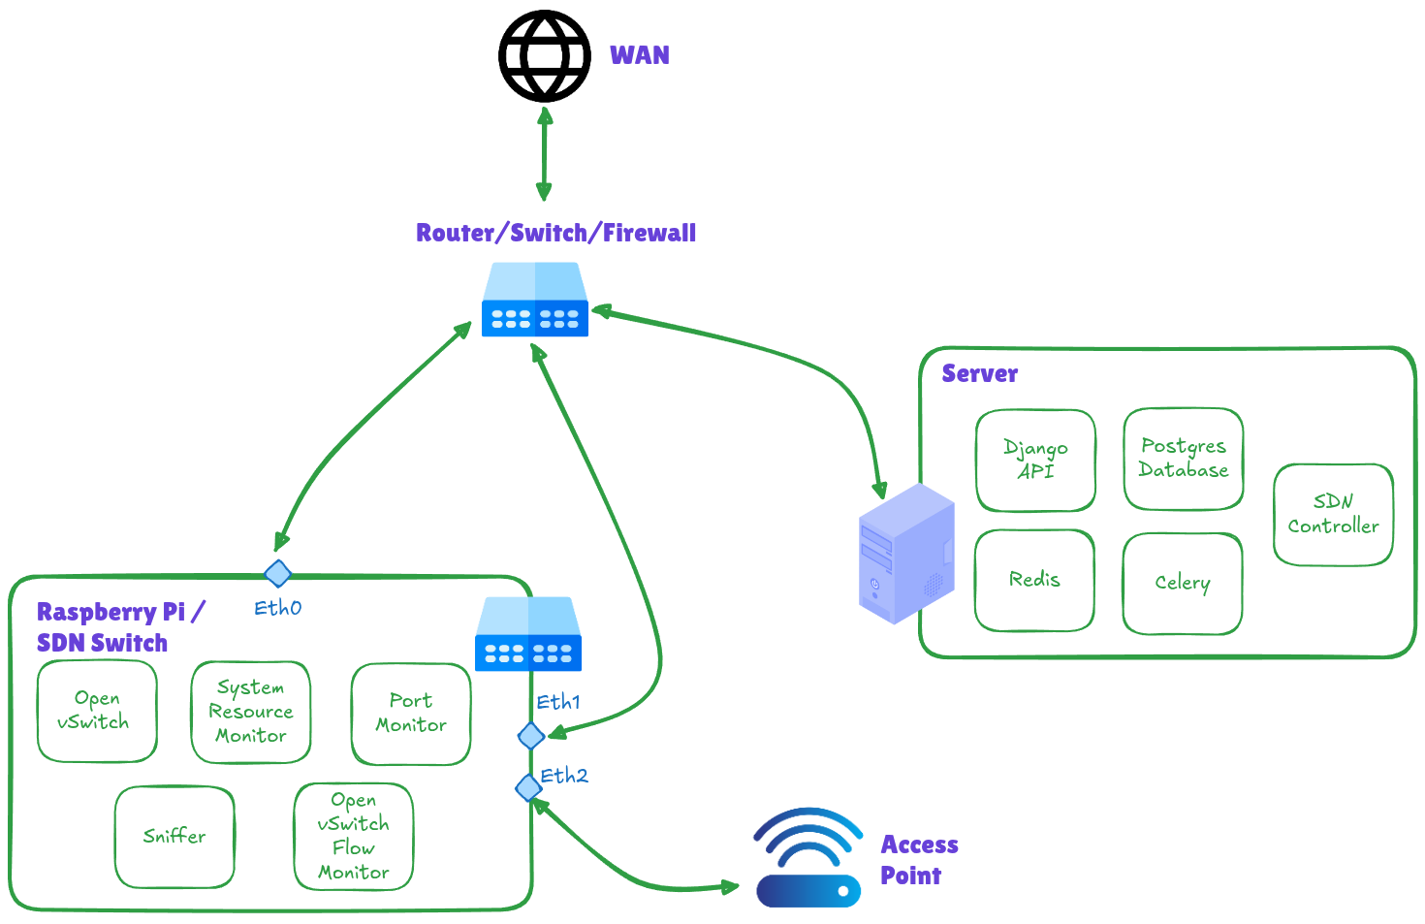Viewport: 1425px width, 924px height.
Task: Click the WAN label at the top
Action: coord(639,55)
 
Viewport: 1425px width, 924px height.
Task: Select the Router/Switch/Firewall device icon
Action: coord(535,301)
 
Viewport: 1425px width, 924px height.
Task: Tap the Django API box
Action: coord(1035,460)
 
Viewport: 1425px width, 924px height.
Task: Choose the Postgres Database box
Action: coord(1183,459)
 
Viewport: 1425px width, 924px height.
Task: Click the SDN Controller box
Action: coord(1333,514)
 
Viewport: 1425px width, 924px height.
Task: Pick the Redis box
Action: coord(1034,580)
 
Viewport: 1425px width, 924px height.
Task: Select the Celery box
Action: coord(1182,583)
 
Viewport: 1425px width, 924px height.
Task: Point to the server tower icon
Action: coord(906,554)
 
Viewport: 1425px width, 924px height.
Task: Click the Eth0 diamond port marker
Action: coord(278,573)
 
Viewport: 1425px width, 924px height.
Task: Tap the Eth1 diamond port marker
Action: coord(530,736)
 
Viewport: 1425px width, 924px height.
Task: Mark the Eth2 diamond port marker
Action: coord(528,787)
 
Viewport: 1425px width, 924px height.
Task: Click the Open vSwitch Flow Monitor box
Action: coord(354,837)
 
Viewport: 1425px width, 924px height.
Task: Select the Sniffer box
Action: coord(174,836)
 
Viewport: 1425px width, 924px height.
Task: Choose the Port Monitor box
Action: coord(411,714)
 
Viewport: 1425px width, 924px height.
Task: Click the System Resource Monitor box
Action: coord(251,712)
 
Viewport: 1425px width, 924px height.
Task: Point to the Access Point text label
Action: coord(917,860)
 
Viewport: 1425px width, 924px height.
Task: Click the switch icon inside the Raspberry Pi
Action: coord(528,634)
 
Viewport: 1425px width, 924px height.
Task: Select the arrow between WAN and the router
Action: coord(545,154)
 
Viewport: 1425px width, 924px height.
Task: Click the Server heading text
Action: coord(979,374)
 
